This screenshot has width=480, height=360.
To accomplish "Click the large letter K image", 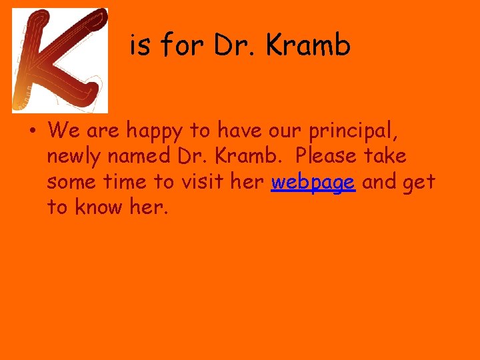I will click(x=60, y=60).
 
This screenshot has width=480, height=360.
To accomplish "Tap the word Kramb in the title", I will click(x=307, y=45).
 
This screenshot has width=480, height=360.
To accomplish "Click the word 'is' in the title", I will click(x=139, y=45).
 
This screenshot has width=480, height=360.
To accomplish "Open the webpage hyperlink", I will click(x=313, y=182).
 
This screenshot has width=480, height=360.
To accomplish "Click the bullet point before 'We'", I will click(x=32, y=131).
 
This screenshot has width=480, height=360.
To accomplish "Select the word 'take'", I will click(x=386, y=157).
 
